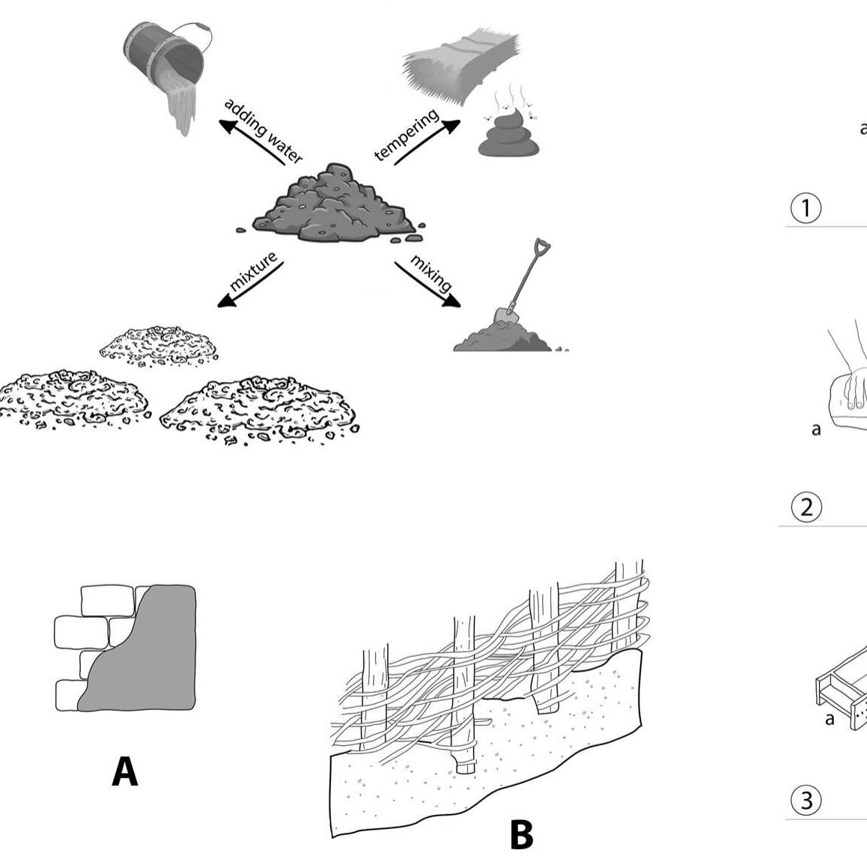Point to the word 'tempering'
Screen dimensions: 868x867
(x=407, y=135)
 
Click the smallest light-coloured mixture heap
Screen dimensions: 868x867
(x=159, y=344)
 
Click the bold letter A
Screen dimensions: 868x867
(x=125, y=771)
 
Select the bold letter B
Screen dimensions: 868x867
(x=521, y=835)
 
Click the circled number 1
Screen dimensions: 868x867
(x=806, y=208)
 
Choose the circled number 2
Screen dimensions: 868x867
(x=806, y=508)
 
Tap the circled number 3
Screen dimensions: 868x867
(x=806, y=801)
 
